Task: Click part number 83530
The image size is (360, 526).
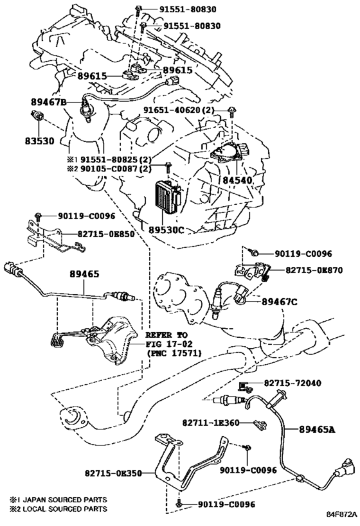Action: tap(39, 141)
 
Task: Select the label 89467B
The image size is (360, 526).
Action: tap(49, 101)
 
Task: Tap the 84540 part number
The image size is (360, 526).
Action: tap(237, 180)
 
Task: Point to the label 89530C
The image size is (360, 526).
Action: tap(166, 230)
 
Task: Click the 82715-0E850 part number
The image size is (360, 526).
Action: tap(106, 234)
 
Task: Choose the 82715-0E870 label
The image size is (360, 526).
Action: tap(314, 270)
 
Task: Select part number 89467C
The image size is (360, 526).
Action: tap(280, 302)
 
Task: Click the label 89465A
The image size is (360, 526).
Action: tap(317, 429)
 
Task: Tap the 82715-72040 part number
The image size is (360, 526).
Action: tap(292, 383)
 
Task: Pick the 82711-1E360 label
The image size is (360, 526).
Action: tap(211, 423)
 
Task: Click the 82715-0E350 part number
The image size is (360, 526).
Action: tap(113, 473)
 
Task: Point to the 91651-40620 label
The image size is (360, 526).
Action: tap(172, 110)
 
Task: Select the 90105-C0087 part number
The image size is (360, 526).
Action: tap(108, 169)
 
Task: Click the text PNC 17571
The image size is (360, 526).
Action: tap(174, 353)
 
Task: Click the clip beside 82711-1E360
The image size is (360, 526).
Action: tap(260, 425)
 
